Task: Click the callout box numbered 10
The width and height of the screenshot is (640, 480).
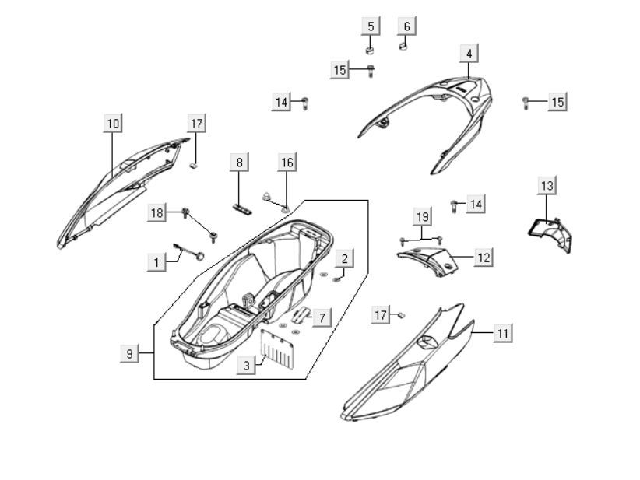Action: click(x=114, y=123)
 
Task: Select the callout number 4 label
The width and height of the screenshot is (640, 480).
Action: click(x=468, y=53)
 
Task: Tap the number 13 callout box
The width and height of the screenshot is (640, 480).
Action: click(x=547, y=185)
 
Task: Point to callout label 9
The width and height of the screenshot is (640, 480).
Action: click(x=130, y=353)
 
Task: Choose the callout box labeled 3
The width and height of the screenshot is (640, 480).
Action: click(x=246, y=365)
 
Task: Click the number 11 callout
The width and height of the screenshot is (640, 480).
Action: click(x=503, y=332)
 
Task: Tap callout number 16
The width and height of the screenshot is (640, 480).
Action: click(x=287, y=162)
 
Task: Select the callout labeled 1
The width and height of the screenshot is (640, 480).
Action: click(x=156, y=262)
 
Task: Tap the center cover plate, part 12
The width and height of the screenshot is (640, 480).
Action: click(x=428, y=258)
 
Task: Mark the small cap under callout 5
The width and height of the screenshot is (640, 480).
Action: click(x=371, y=50)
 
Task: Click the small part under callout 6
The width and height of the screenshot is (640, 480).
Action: click(x=403, y=46)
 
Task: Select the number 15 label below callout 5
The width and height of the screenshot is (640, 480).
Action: click(x=340, y=70)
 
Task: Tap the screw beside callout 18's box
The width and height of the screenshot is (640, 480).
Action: click(x=187, y=212)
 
